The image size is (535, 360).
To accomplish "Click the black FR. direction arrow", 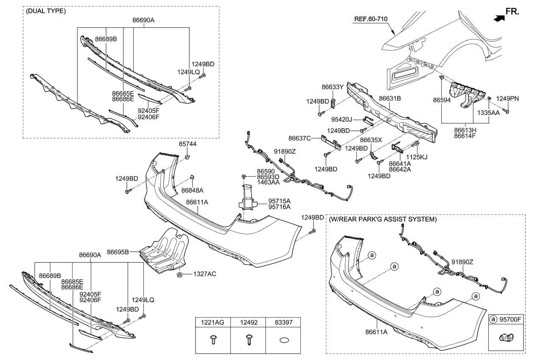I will point(500,17).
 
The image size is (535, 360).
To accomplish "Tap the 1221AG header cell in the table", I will point(213,323).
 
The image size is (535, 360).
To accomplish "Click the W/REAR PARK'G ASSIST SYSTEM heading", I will point(382,219).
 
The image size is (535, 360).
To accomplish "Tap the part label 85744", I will point(188,144).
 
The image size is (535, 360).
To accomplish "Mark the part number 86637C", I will point(300,138).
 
